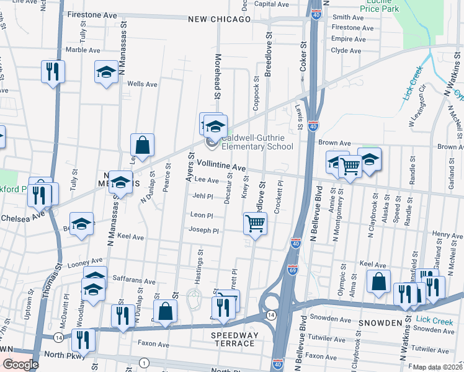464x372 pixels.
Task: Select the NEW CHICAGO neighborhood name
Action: pyautogui.click(x=220, y=19)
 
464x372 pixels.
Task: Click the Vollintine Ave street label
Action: pyautogui.click(x=221, y=166)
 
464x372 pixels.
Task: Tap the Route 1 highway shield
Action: pyautogui.click(x=145, y=362)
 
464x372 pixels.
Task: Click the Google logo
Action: pyautogui.click(x=20, y=364)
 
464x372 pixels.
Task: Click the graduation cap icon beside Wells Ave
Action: pyautogui.click(x=107, y=72)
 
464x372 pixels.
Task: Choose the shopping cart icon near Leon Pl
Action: pyautogui.click(x=255, y=223)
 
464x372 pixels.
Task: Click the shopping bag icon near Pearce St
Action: pyautogui.click(x=143, y=145)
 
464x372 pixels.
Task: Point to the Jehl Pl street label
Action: pyautogui.click(x=203, y=195)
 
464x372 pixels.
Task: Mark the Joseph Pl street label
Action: pyautogui.click(x=204, y=231)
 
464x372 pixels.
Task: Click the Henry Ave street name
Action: pyautogui.click(x=448, y=235)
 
